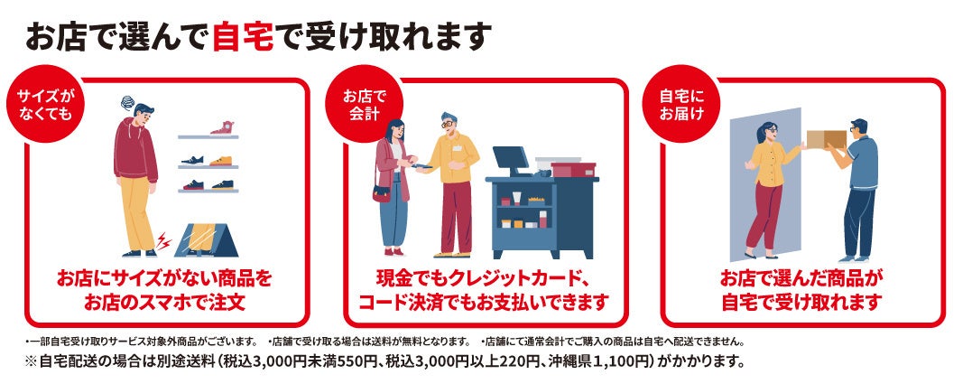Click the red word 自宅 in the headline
click(x=243, y=38)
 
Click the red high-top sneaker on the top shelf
click(x=221, y=127)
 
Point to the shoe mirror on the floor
click(x=206, y=239)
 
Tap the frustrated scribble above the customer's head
click(x=127, y=102)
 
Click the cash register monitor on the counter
click(x=511, y=161)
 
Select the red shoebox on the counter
click(x=573, y=169)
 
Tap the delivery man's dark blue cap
click(x=858, y=123)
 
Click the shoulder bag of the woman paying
click(x=381, y=193)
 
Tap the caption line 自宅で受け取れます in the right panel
click(x=801, y=302)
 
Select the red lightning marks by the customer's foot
click(x=163, y=242)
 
